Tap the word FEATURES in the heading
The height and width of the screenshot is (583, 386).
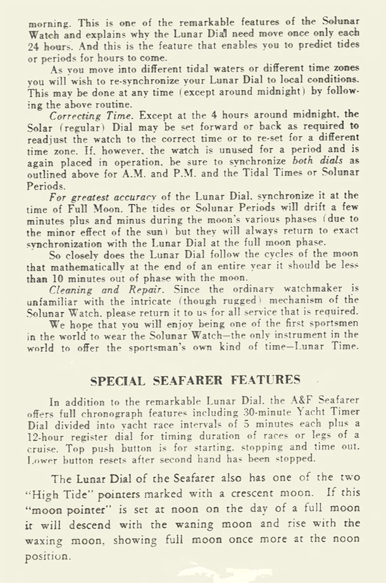(266, 380)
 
